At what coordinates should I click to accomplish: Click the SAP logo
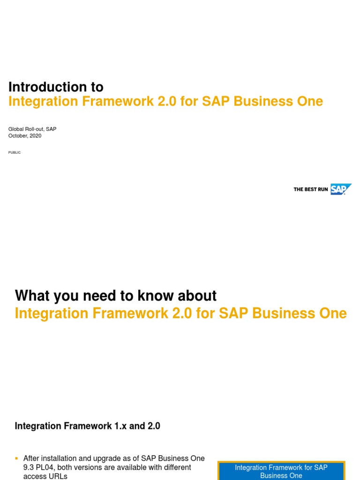[x=340, y=189]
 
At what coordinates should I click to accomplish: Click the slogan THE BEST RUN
[x=310, y=189]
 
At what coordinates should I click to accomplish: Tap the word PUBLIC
[x=15, y=152]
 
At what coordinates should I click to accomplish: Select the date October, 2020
[x=25, y=136]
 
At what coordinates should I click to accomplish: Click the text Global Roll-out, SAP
[x=32, y=129]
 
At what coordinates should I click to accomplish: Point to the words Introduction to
[x=56, y=87]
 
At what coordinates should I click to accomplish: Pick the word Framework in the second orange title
[x=128, y=313]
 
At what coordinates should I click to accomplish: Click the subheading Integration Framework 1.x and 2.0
[x=88, y=426]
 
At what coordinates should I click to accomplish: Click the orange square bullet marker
[x=16, y=458]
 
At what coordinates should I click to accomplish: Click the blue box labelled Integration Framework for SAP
[x=281, y=471]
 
